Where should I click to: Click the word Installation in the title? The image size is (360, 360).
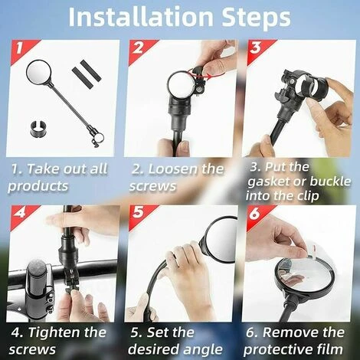[141, 17]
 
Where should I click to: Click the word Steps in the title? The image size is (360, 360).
[256, 18]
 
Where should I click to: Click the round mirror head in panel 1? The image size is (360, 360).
[39, 72]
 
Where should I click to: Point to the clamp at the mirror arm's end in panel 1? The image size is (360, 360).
[97, 137]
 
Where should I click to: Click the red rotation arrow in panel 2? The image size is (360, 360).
[206, 74]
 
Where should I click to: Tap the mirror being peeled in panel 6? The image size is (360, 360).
[304, 277]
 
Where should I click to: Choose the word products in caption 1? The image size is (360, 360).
[38, 186]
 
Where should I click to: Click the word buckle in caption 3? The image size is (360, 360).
[331, 182]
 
